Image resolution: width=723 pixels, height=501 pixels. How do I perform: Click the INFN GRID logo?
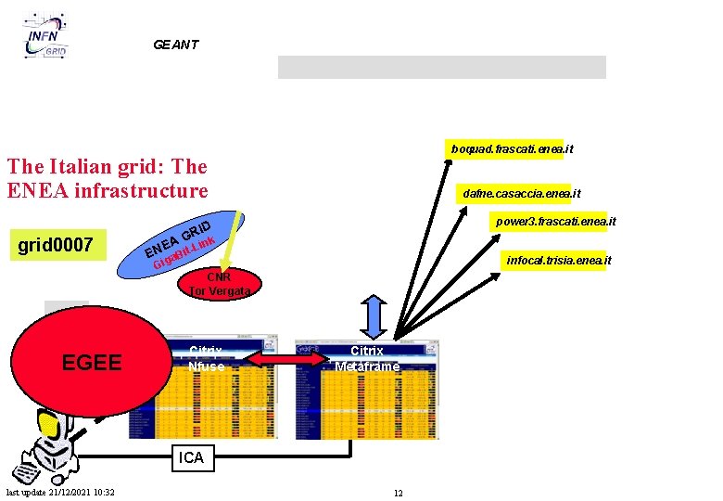(x=47, y=38)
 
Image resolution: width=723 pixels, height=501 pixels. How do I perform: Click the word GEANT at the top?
(x=176, y=45)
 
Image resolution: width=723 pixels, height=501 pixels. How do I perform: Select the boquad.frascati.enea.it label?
(x=512, y=148)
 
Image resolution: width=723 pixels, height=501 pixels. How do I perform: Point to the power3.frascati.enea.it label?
(x=556, y=222)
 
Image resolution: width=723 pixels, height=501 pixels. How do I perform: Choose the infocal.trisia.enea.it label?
(x=558, y=261)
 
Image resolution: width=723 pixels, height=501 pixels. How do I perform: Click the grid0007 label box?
(x=57, y=245)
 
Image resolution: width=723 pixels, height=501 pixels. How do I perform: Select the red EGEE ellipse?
(x=90, y=363)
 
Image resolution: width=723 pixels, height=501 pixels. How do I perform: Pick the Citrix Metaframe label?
(x=366, y=359)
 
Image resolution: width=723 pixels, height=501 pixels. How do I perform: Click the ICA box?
(x=191, y=457)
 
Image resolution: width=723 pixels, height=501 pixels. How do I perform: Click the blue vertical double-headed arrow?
(x=378, y=318)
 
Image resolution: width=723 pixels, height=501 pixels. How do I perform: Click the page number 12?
(x=398, y=493)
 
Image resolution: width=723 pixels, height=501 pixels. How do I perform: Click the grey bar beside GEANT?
(x=441, y=67)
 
